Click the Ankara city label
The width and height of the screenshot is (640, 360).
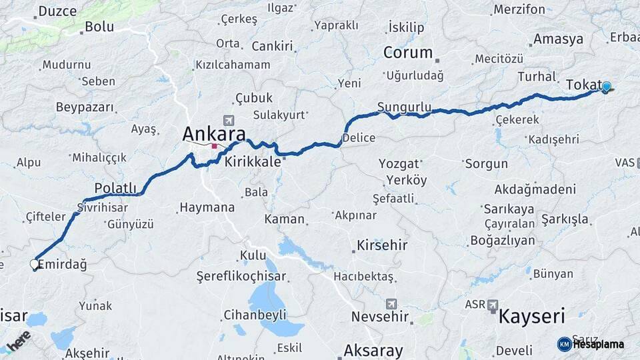point(214,133)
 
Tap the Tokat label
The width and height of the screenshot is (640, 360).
point(584,85)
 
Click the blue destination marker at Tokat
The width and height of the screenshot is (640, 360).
point(607,87)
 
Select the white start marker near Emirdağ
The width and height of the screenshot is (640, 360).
point(35,265)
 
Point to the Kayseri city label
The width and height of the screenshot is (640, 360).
point(531,315)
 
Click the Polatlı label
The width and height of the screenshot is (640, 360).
point(115,188)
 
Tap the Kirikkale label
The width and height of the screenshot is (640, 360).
point(253,161)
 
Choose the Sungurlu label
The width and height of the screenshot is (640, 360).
point(404,107)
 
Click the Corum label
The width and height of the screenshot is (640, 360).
point(408,53)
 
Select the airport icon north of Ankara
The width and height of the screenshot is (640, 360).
point(229,120)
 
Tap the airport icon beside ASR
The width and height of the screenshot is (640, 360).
point(493,305)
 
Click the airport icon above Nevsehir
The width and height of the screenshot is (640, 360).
point(391,303)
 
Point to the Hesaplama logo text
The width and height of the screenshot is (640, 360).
point(598,345)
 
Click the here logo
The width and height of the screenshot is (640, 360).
point(19,340)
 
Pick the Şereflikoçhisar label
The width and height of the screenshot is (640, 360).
point(241,276)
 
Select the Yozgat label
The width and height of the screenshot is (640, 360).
point(399,163)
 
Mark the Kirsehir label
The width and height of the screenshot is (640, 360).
point(382,245)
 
